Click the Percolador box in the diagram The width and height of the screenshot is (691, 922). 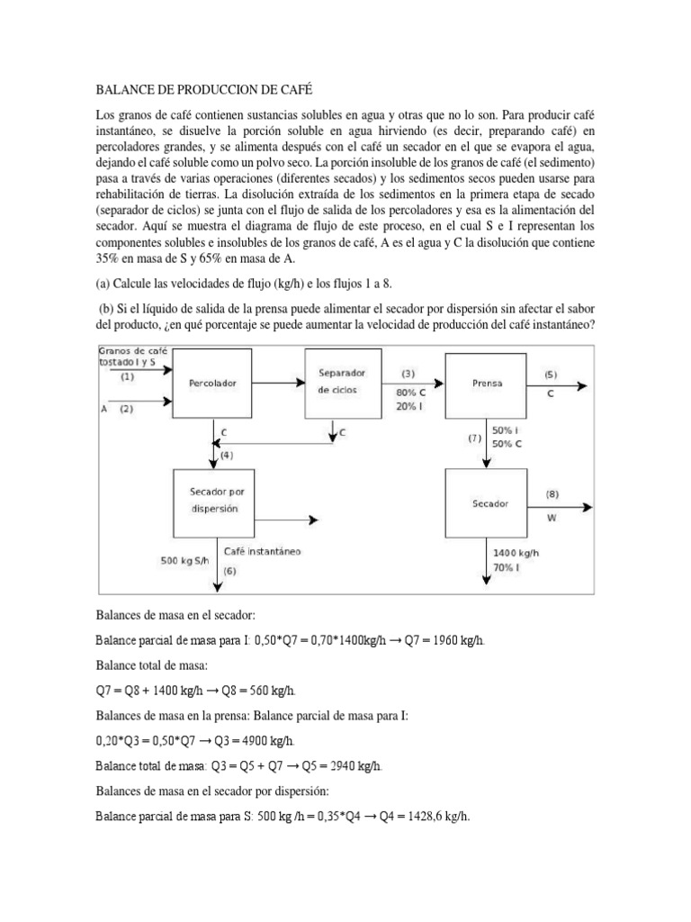[212, 382]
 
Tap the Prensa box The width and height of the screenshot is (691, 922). [487, 382]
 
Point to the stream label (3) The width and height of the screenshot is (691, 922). [408, 373]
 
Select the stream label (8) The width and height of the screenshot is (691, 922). [552, 494]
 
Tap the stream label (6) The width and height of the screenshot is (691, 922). [229, 571]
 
